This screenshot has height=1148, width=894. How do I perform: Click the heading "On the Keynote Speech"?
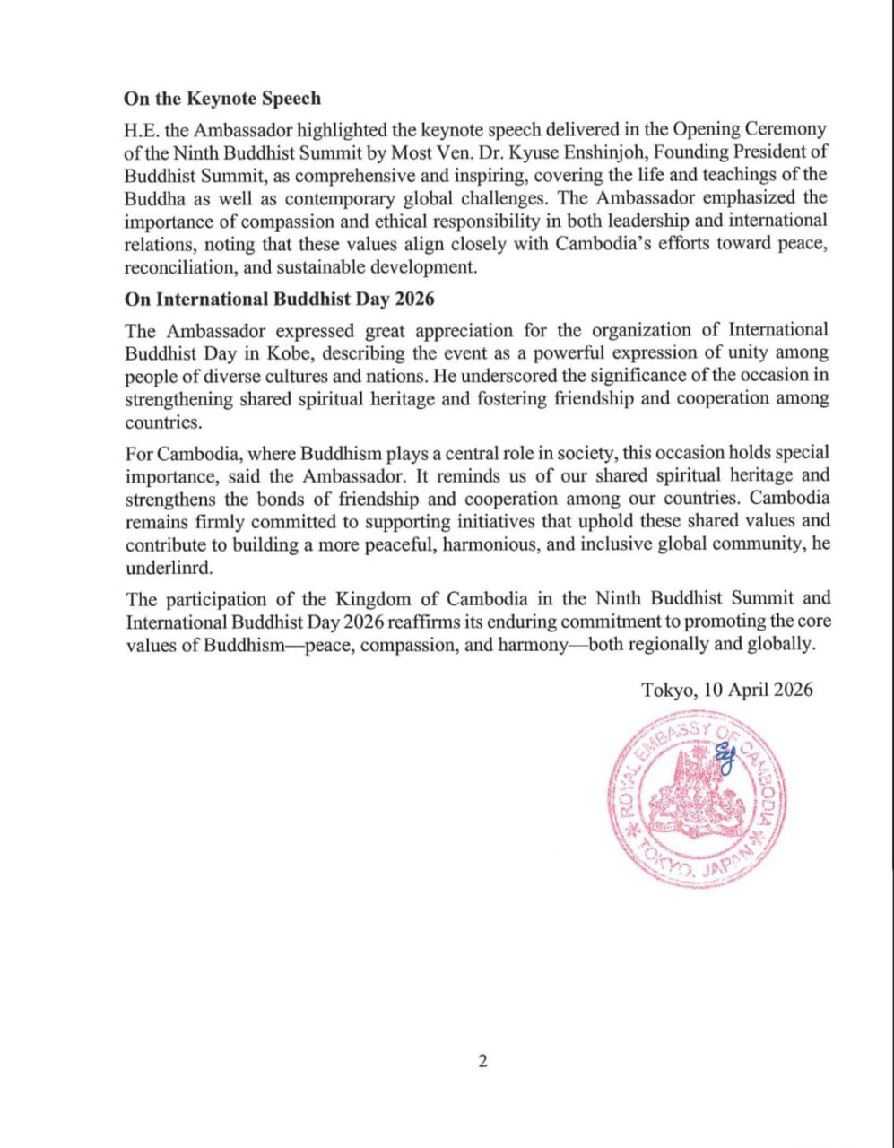(x=222, y=99)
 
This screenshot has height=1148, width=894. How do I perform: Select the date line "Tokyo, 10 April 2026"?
(x=727, y=690)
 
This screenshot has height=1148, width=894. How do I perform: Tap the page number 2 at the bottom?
(x=482, y=1062)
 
